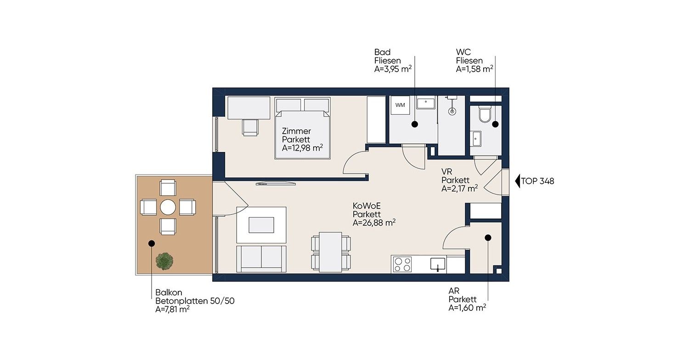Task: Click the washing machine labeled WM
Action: pyautogui.click(x=400, y=105)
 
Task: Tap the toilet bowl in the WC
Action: pyautogui.click(x=486, y=114)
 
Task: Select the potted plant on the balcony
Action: pyautogui.click(x=164, y=261)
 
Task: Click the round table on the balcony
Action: pyautogui.click(x=168, y=207)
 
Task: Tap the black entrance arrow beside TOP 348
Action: pyautogui.click(x=517, y=181)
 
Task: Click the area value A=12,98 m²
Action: pyautogui.click(x=302, y=148)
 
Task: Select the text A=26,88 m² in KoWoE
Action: pyautogui.click(x=374, y=223)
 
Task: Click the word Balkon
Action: pyautogui.click(x=169, y=292)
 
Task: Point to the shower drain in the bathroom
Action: pyautogui.click(x=452, y=111)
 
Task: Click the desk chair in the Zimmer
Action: pyautogui.click(x=250, y=127)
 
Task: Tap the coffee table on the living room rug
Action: pyautogui.click(x=261, y=225)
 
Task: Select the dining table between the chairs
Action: pyautogui.click(x=331, y=252)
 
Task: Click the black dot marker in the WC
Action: pyautogui.click(x=495, y=124)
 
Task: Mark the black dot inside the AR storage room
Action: pyautogui.click(x=488, y=238)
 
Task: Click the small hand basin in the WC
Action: pyautogui.click(x=476, y=139)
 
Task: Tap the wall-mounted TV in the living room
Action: pyautogui.click(x=276, y=184)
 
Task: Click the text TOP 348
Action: pyautogui.click(x=537, y=181)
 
